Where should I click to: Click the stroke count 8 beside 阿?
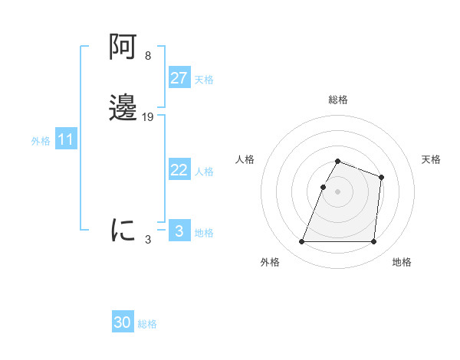pos(148,56)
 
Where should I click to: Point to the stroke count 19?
pos(148,116)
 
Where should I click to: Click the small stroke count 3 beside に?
pos(148,239)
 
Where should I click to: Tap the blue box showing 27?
pos(179,78)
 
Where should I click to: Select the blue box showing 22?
pos(179,170)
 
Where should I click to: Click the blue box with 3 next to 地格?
pos(179,231)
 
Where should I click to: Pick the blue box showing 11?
pos(66,140)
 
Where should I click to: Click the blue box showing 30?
pos(123,322)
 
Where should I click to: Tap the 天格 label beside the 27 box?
pos(204,80)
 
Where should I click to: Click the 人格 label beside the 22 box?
pos(205,172)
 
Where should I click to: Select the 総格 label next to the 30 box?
pos(147,324)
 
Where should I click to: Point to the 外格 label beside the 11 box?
pos(41,141)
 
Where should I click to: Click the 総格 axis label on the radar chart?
pos(338,100)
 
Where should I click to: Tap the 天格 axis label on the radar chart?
pos(432,159)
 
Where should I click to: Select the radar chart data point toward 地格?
pos(374,242)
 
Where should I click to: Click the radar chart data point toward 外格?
pos(302,242)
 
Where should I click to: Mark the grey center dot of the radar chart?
pos(338,192)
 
